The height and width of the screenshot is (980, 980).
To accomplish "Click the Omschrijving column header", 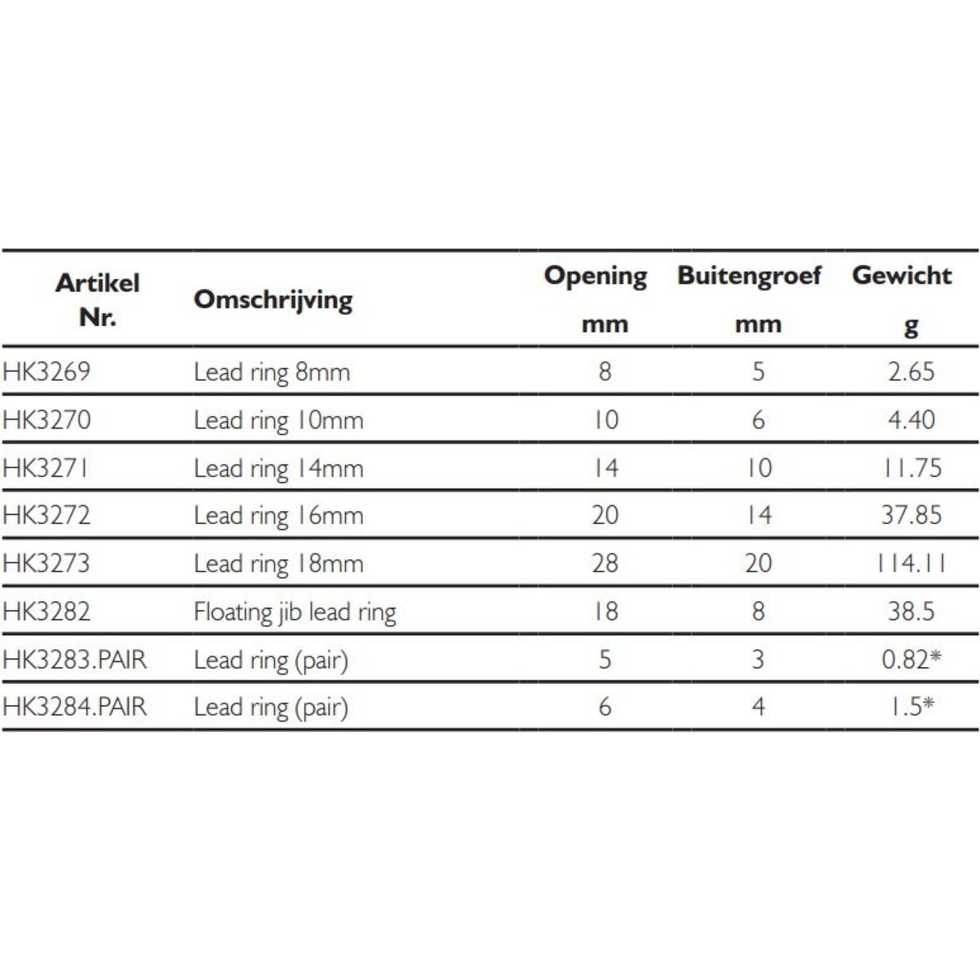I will pyautogui.click(x=273, y=300).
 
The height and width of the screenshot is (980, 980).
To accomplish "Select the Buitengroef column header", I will pyautogui.click(x=749, y=276).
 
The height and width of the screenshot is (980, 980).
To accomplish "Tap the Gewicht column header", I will pyautogui.click(x=902, y=276).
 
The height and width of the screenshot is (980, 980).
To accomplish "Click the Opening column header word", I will pyautogui.click(x=595, y=276).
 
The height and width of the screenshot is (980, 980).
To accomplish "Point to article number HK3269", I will pyautogui.click(x=46, y=372).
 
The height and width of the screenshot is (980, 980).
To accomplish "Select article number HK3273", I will pyautogui.click(x=46, y=563).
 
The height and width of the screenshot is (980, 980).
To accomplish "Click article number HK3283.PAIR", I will pyautogui.click(x=74, y=659).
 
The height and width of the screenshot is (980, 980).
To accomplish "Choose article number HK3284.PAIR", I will pyautogui.click(x=74, y=707).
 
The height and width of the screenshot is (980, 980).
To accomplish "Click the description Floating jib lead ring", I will pyautogui.click(x=294, y=612).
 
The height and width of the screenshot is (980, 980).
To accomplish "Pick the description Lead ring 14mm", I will pyautogui.click(x=278, y=469).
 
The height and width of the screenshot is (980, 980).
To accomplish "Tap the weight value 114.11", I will pyautogui.click(x=911, y=563).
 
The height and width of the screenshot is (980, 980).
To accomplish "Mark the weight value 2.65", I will pyautogui.click(x=911, y=372).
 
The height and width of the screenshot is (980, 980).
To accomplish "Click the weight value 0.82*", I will pyautogui.click(x=911, y=659).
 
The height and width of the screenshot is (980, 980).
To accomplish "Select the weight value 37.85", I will pyautogui.click(x=911, y=515).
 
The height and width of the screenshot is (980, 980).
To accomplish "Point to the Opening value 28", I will pyautogui.click(x=605, y=563).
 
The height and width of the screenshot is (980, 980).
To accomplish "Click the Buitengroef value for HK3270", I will pyautogui.click(x=758, y=420).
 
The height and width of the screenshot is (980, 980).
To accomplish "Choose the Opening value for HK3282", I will pyautogui.click(x=605, y=612).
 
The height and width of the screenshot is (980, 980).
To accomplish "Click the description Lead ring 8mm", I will pyautogui.click(x=272, y=373).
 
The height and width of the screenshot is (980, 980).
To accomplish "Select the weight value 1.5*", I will pyautogui.click(x=911, y=707).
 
